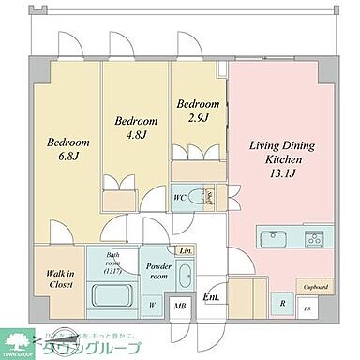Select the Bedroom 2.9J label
pos(198,110)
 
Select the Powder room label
pos(156,271)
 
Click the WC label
pos(178,197)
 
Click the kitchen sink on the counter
pos(266,233)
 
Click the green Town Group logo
pos(19,342)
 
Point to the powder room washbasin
pos(183,277)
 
